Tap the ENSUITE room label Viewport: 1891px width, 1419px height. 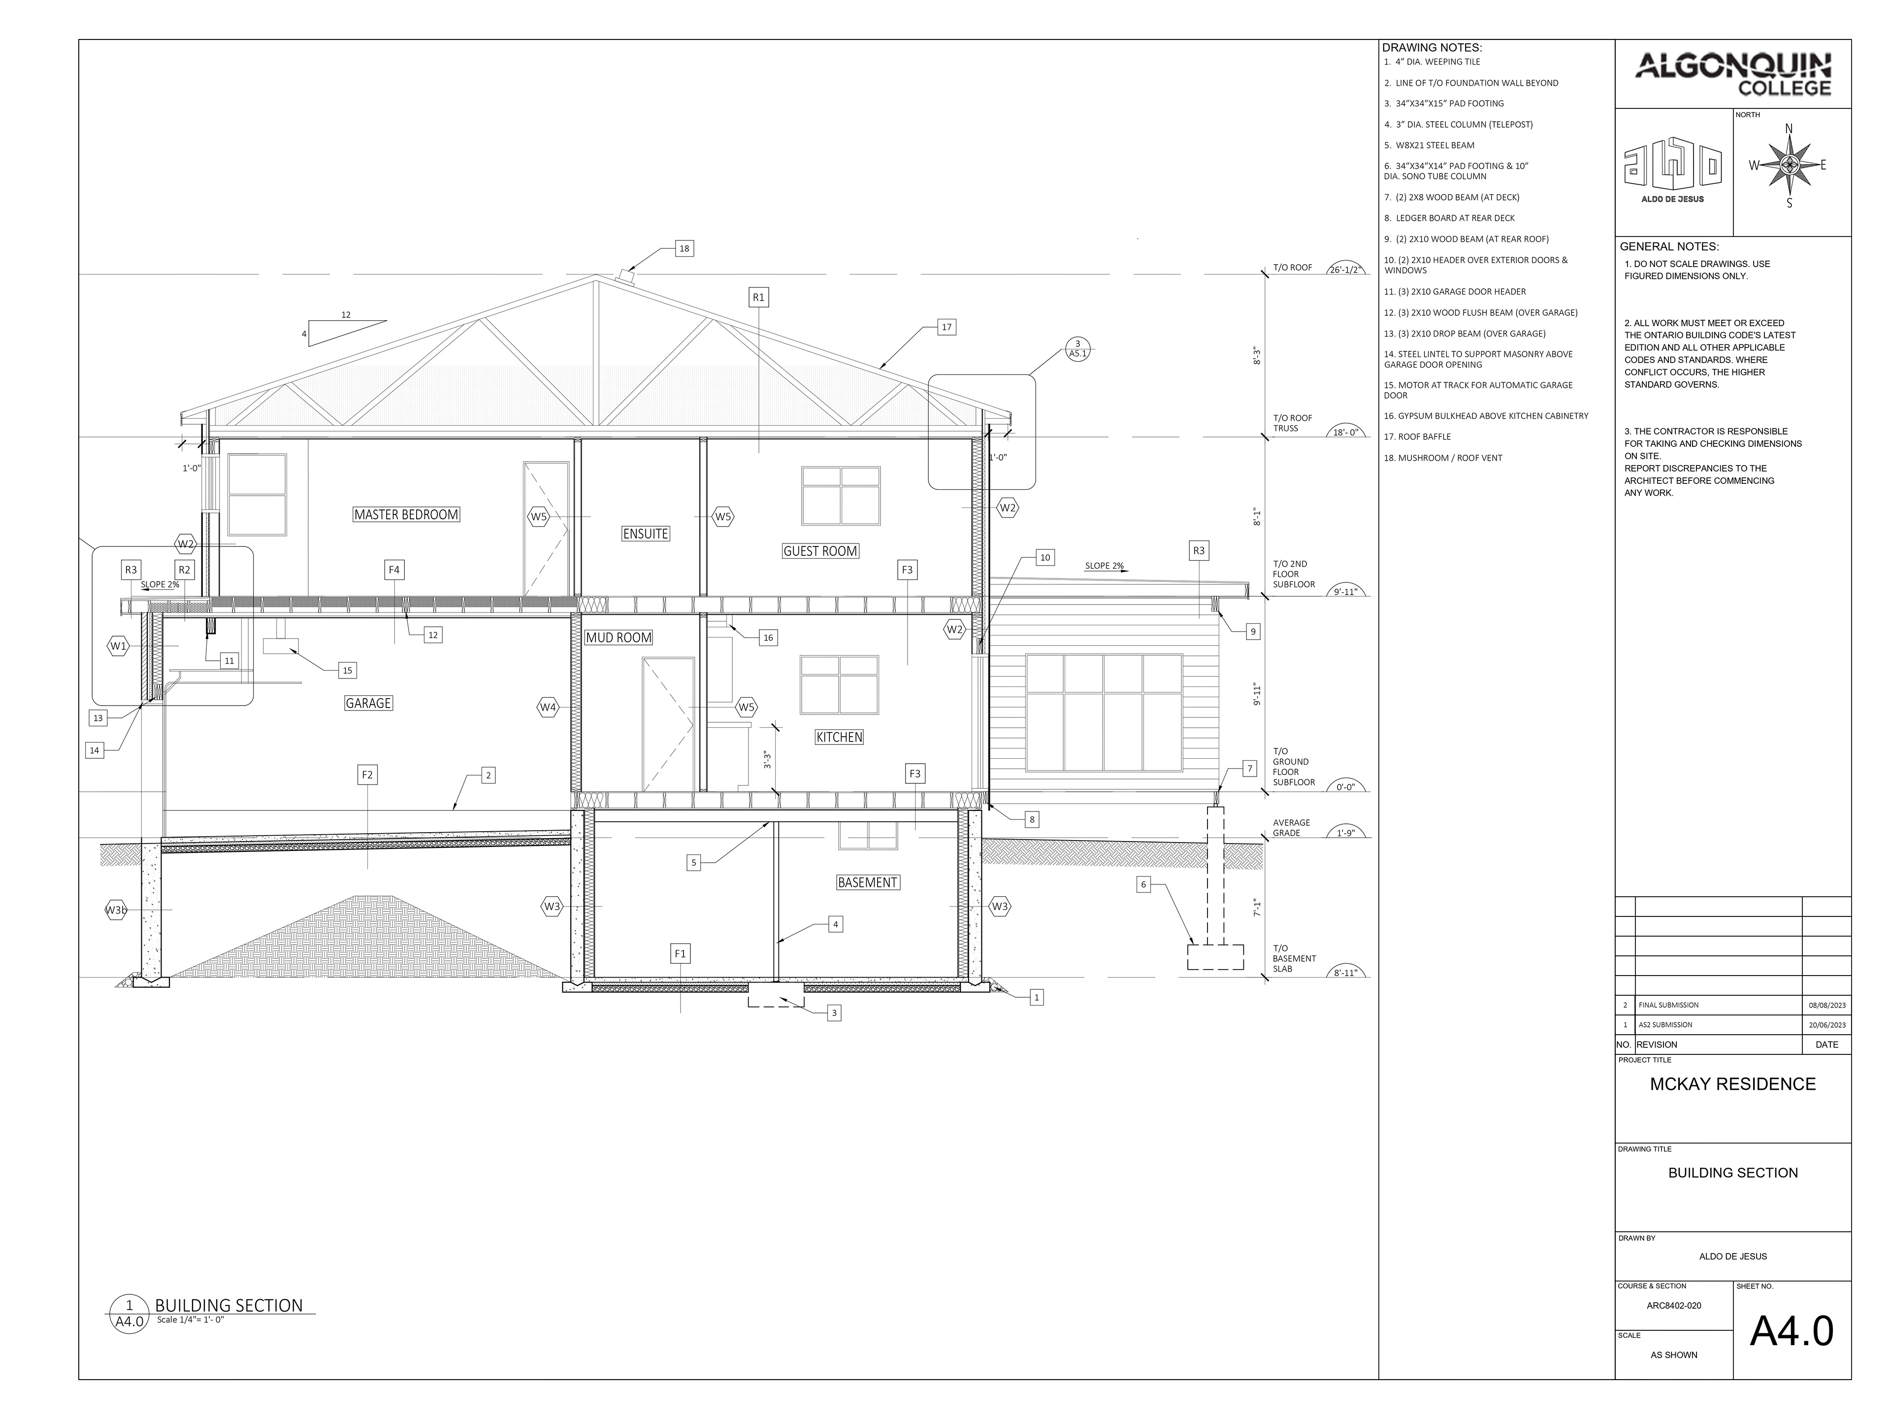point(646,534)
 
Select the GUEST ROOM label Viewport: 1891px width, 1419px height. point(820,551)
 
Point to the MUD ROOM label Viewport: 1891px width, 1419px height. point(618,637)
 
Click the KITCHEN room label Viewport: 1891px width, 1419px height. point(839,737)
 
